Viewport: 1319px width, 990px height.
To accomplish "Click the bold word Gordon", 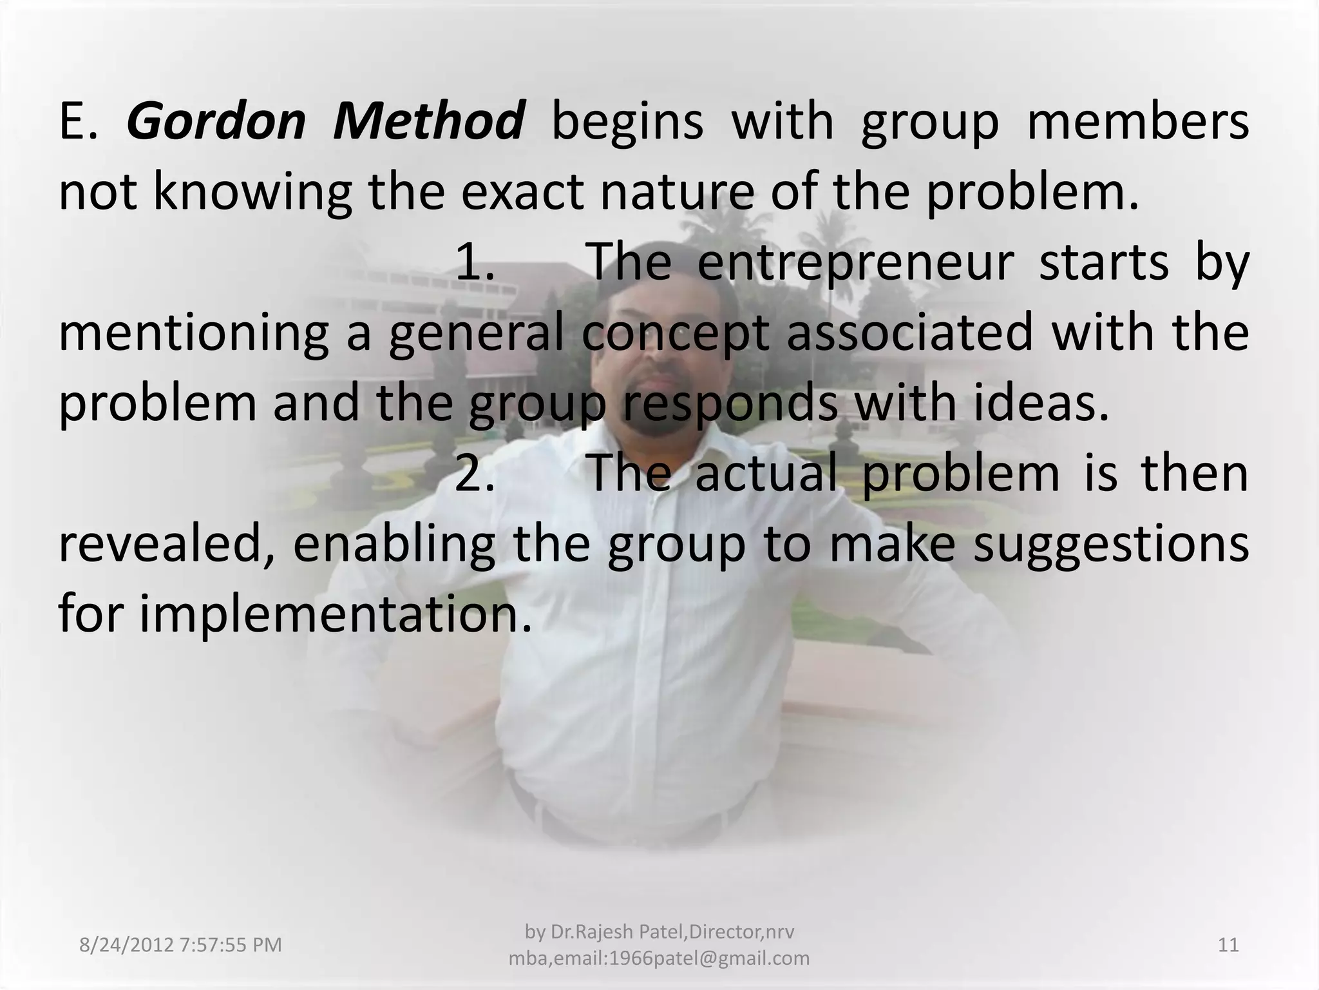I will point(216,122).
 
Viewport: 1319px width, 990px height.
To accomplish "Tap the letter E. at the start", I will point(79,122).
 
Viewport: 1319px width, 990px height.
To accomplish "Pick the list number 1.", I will point(475,263).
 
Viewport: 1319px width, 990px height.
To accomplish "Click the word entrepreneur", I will point(855,263).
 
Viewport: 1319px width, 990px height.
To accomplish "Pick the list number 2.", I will point(475,474).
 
